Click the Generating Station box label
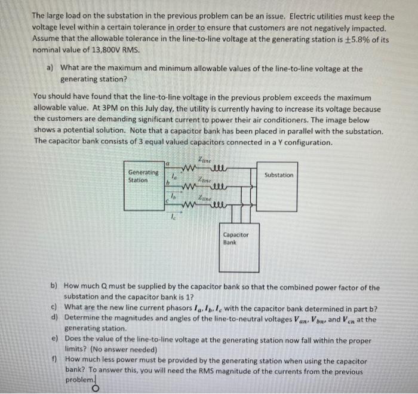[143, 176]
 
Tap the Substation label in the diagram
[279, 175]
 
